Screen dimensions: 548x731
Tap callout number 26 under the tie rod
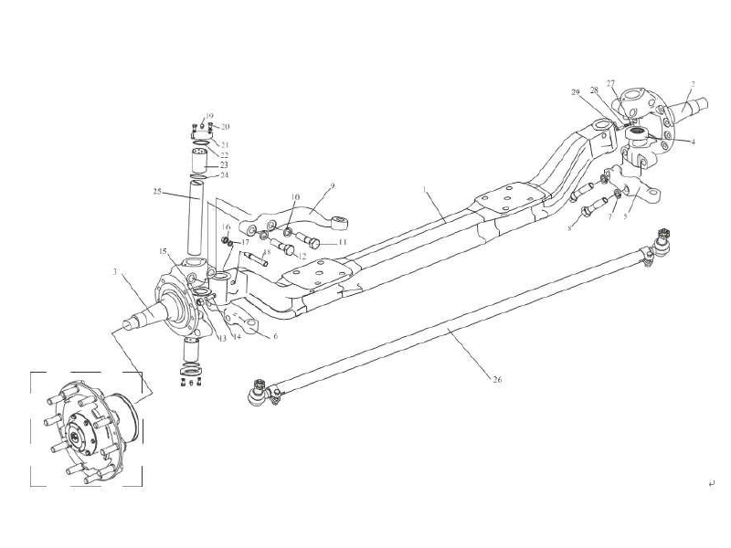tap(496, 378)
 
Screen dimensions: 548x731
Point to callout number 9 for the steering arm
tap(333, 186)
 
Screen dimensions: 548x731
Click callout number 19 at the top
tap(209, 116)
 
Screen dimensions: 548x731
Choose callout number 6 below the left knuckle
tap(275, 336)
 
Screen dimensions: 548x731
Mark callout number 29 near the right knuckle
tap(576, 92)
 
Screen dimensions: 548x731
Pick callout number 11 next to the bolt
tap(342, 243)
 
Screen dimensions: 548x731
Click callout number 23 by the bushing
tap(225, 164)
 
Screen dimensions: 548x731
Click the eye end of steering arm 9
tap(344, 222)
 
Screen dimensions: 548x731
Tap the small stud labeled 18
tap(254, 258)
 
